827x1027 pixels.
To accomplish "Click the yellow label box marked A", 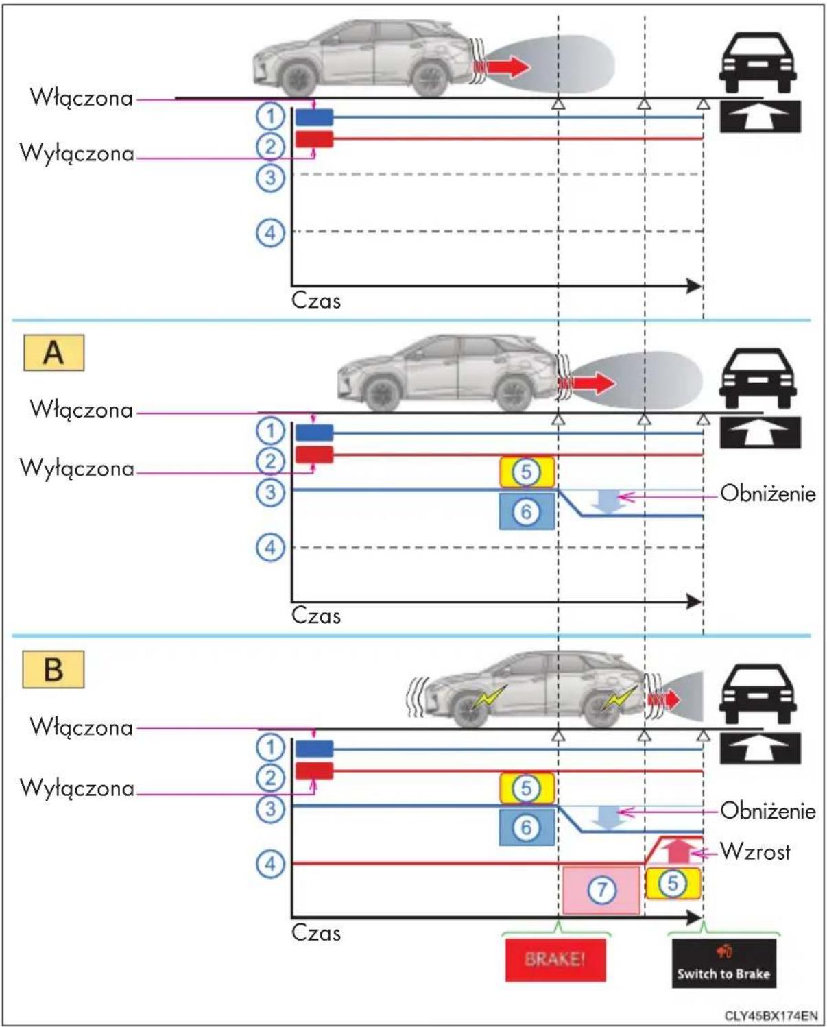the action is click(53, 352).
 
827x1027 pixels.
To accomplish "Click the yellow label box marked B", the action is click(53, 668).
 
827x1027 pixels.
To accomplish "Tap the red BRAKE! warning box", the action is click(555, 959).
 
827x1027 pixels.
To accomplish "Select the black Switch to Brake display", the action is click(724, 963).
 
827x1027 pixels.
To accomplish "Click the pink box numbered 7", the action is click(601, 890).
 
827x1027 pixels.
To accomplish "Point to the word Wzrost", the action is click(755, 851).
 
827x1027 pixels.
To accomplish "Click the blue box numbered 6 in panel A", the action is click(527, 511).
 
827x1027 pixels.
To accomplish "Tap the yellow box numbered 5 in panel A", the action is click(527, 472).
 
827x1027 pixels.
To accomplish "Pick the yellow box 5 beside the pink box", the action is click(673, 883).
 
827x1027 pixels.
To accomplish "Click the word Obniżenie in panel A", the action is click(768, 494).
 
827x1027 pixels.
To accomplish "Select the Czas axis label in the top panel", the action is click(316, 301).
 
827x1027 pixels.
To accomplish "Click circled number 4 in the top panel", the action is click(271, 233).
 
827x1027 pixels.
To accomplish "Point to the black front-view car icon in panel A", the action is click(758, 378).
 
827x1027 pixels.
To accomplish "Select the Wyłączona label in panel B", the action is click(77, 788).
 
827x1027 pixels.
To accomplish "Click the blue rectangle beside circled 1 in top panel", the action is click(314, 117).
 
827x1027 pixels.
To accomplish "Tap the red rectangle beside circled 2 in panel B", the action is click(314, 771).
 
